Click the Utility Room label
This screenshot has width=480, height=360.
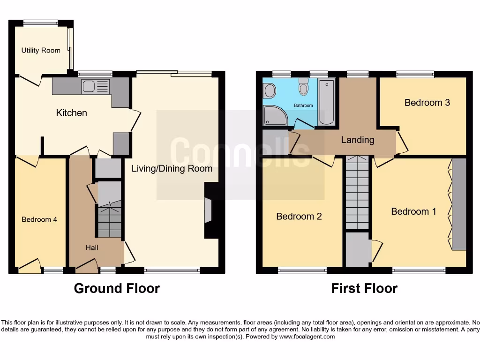(x=41, y=50)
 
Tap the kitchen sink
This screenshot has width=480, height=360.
(x=95, y=87)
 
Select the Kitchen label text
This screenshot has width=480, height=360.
(x=71, y=113)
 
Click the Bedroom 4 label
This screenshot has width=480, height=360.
(x=39, y=219)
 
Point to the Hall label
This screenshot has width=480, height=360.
(x=92, y=247)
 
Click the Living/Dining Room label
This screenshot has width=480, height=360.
(x=172, y=168)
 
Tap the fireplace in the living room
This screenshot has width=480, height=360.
(x=208, y=210)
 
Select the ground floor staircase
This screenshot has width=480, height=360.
(x=110, y=220)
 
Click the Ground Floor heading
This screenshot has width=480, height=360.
(x=117, y=288)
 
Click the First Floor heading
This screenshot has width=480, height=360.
(x=364, y=288)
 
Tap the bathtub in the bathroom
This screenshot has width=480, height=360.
(x=326, y=102)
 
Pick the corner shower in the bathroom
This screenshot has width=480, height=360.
(x=275, y=115)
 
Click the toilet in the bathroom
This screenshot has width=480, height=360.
(x=304, y=88)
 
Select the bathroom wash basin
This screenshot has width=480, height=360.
(x=270, y=90)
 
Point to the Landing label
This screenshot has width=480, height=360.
(x=358, y=140)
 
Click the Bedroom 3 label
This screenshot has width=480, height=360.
(x=427, y=102)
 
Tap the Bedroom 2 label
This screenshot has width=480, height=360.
(x=299, y=216)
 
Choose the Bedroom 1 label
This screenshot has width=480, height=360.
(x=413, y=211)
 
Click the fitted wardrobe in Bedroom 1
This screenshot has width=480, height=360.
(x=459, y=204)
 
